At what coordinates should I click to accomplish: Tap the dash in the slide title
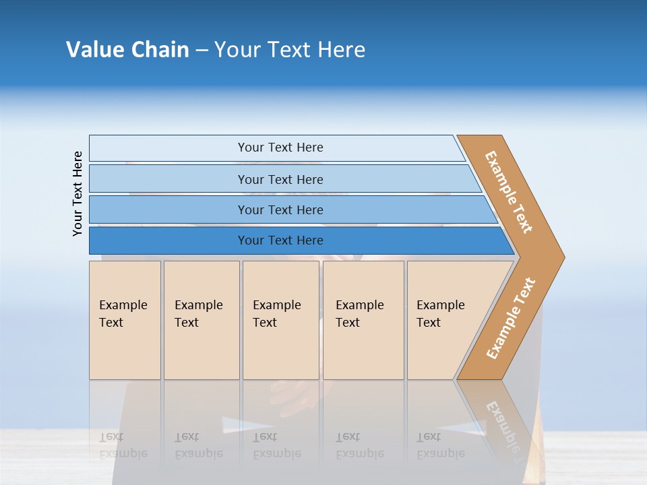[202, 51]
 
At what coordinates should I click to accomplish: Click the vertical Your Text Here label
[78, 194]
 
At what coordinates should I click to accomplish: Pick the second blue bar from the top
[280, 179]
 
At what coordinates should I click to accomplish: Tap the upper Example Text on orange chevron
[509, 192]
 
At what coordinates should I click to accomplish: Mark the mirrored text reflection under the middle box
[276, 445]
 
